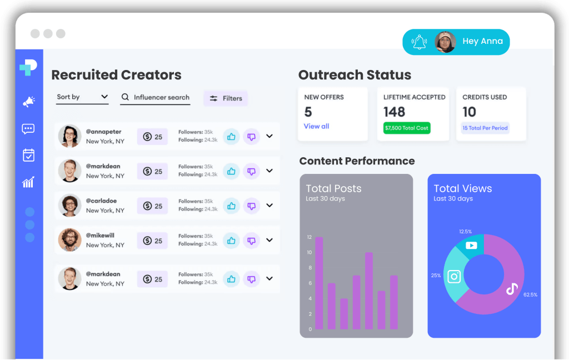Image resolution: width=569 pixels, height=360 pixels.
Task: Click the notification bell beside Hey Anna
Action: tap(419, 42)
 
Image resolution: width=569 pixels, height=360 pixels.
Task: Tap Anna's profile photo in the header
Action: tap(445, 42)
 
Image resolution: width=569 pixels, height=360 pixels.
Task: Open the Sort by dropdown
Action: tap(82, 97)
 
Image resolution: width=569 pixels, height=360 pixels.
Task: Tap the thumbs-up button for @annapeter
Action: tap(231, 136)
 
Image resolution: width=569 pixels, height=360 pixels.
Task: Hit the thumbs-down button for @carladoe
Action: tap(252, 206)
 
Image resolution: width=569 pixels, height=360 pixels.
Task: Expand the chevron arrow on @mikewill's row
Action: tap(269, 240)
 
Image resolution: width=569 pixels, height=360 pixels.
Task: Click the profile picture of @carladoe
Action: tap(70, 206)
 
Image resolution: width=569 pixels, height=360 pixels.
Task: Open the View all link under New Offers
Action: tap(316, 126)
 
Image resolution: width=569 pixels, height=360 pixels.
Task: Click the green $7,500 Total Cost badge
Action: tap(407, 128)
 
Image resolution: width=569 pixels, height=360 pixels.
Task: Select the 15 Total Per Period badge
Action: tap(485, 128)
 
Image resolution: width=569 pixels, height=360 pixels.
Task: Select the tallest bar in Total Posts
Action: tap(319, 283)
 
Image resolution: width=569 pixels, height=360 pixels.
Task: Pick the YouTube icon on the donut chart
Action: tap(471, 244)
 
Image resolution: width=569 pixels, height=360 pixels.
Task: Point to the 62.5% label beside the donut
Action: tap(530, 294)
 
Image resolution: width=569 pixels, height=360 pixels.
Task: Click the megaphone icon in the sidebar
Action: tap(28, 102)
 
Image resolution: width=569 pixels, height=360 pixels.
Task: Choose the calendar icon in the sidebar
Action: tap(28, 155)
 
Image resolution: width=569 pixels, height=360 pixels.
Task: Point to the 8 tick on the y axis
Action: tap(310, 268)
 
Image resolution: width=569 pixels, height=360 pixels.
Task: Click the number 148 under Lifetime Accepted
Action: tap(394, 112)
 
